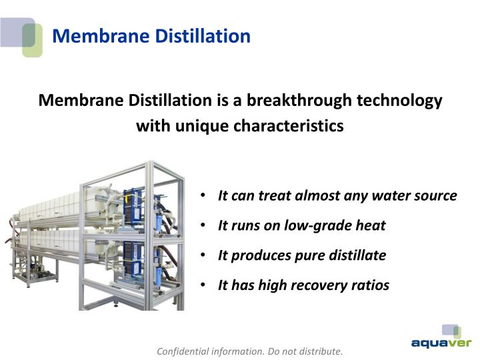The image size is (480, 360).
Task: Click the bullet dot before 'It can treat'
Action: click(203, 196)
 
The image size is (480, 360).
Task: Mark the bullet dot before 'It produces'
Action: click(203, 255)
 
